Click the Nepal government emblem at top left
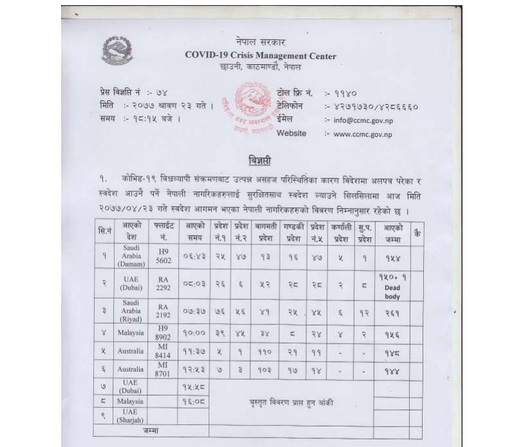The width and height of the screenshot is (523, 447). point(116,50)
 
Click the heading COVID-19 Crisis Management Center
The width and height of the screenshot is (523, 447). point(261,56)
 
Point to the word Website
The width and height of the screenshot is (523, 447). point(291,134)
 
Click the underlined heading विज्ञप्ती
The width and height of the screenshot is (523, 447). point(260,160)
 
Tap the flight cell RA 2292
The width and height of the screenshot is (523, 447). point(163,283)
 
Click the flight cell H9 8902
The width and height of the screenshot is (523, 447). point(163,333)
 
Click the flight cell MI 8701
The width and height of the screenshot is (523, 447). point(163,371)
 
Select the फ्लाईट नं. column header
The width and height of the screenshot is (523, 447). point(163,232)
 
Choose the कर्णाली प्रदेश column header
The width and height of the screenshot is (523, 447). point(340,232)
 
